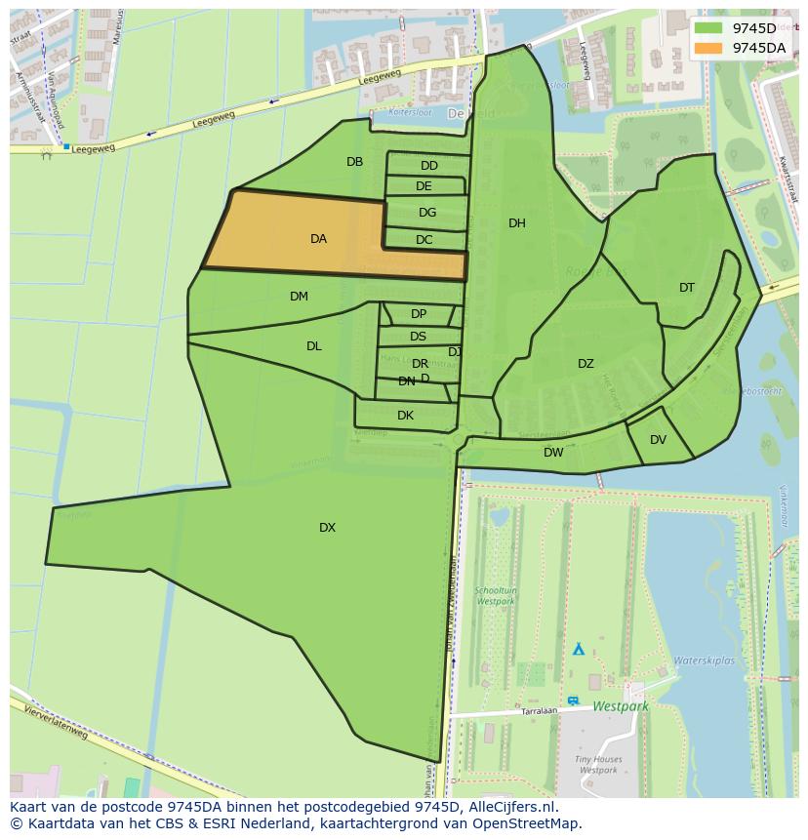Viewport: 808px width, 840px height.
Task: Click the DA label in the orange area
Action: pos(318,239)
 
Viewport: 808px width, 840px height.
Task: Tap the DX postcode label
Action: pos(327,528)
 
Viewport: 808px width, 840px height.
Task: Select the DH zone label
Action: pos(516,223)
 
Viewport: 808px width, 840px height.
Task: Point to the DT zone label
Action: pos(687,288)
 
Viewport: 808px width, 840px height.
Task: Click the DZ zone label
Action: pos(586,364)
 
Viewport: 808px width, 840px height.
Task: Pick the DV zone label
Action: pos(658,440)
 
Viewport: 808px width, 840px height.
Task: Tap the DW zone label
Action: pos(553,453)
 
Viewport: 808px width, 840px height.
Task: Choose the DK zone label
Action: pos(405,416)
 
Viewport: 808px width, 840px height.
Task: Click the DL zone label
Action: pos(313,346)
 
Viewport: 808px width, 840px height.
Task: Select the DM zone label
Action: pos(299,297)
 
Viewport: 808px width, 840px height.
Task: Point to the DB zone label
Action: pos(354,162)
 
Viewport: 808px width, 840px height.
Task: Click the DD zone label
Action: pos(429,166)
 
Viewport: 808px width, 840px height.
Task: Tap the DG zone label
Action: pos(427,213)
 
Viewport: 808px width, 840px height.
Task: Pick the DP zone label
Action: pos(419,314)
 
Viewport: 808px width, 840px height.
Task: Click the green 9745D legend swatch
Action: pos(709,28)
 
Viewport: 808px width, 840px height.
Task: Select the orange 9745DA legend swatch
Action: pos(709,47)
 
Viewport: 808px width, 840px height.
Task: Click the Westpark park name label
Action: pos(620,704)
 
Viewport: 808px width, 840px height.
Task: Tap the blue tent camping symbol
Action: pos(578,649)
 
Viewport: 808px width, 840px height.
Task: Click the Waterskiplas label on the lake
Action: pos(704,660)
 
